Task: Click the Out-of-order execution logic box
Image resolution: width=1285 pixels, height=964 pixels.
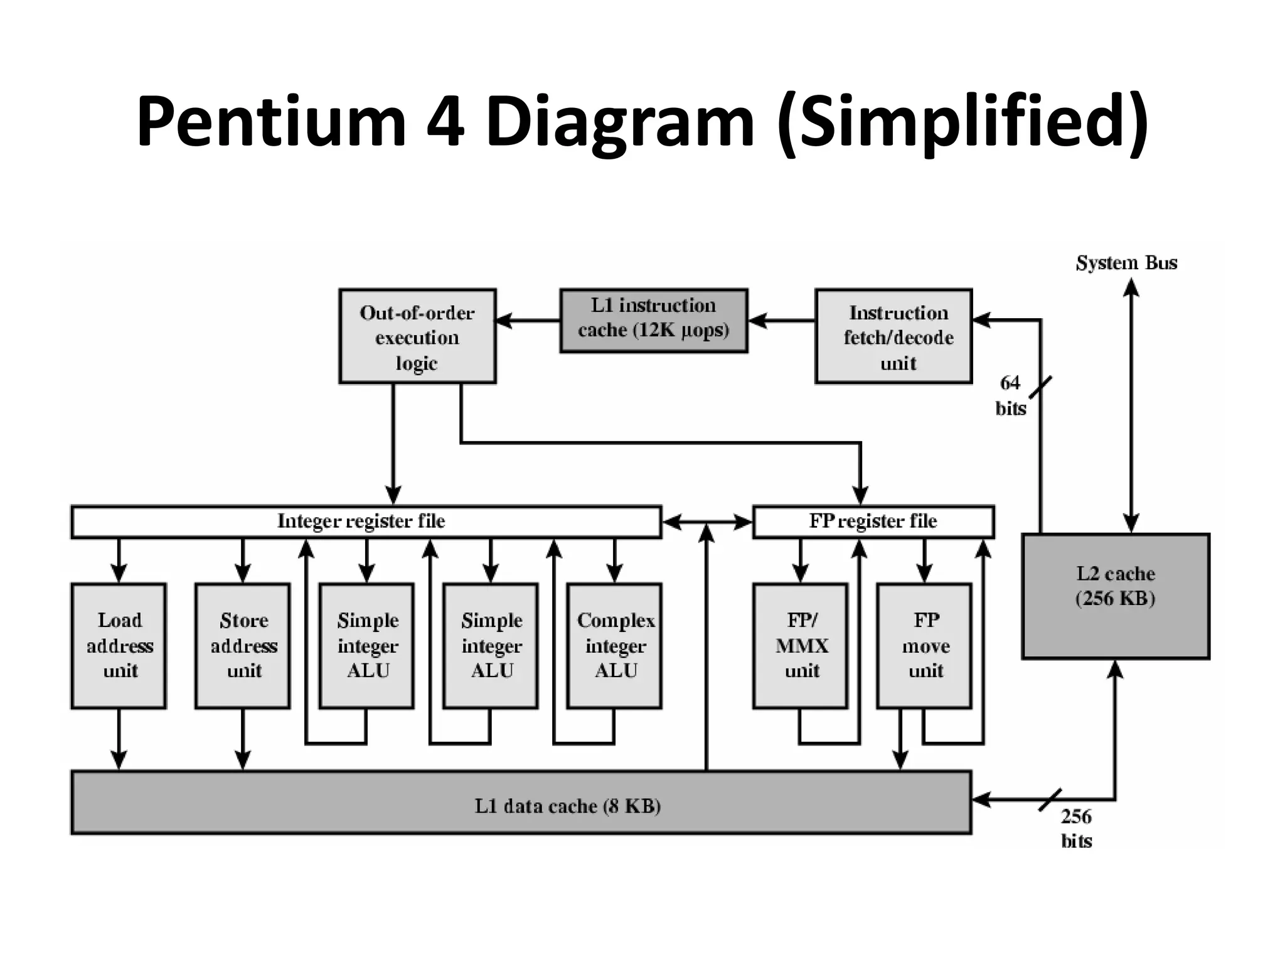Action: point(417,336)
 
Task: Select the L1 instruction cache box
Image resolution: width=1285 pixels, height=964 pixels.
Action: point(653,320)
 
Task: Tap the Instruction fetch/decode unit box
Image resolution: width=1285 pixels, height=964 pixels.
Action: point(893,336)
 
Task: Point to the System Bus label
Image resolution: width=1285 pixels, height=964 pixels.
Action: point(1126,263)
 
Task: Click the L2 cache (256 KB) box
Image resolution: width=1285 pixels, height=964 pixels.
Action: point(1116,596)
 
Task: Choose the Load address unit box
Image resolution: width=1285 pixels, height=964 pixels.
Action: point(119,646)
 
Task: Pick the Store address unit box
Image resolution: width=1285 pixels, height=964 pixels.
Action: point(243,646)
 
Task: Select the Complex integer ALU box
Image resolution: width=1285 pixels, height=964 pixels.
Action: point(614,646)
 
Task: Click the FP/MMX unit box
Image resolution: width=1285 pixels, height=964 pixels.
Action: point(801,646)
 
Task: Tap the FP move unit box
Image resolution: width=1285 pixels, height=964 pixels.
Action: point(924,646)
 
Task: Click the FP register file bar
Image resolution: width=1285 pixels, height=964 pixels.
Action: point(873,522)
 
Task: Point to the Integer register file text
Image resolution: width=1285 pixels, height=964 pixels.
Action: point(361,522)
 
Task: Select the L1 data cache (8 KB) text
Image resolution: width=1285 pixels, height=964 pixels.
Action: point(567,806)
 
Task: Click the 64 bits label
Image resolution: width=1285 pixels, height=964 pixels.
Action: point(1010,395)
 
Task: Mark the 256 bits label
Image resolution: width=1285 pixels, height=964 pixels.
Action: point(1076,828)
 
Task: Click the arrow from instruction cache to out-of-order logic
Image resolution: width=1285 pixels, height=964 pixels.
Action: point(528,321)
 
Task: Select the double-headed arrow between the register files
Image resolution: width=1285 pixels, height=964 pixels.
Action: point(707,522)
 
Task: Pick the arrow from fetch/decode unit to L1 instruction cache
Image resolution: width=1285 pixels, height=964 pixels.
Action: point(782,321)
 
